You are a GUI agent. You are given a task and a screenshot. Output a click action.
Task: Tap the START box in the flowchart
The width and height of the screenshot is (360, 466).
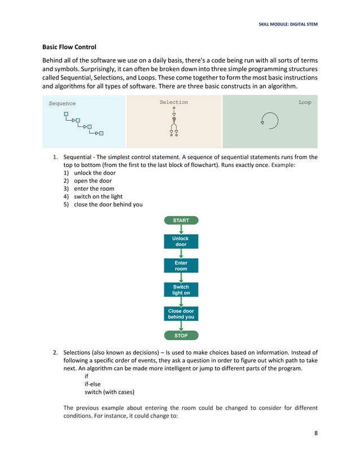coord(181,221)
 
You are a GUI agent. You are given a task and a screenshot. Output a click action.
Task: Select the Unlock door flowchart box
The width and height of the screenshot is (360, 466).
coord(181,241)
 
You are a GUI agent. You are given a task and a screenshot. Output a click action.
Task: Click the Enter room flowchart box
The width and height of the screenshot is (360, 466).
coord(181,266)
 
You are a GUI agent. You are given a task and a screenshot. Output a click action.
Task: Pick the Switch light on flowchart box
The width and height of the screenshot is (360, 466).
coord(181,290)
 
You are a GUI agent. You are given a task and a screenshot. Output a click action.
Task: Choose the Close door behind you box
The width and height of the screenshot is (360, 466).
coord(181,314)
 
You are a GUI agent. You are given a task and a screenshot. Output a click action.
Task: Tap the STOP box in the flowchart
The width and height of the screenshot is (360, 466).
coord(181,336)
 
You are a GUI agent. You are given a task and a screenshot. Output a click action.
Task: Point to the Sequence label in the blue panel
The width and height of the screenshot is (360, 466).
coord(62,104)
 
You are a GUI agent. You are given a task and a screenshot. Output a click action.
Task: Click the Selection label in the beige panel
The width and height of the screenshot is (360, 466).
coord(174,103)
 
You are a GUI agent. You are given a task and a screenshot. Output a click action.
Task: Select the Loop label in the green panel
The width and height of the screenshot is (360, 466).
coord(305,103)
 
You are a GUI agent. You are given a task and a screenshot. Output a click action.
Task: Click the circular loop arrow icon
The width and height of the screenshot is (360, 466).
coord(269,121)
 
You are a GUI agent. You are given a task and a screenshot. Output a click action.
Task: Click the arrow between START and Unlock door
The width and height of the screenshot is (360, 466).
coord(181,230)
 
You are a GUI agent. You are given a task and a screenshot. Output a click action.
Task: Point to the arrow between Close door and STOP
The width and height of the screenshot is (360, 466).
coord(181,326)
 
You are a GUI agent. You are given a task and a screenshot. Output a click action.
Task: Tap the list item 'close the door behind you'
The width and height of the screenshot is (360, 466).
coord(108,205)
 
